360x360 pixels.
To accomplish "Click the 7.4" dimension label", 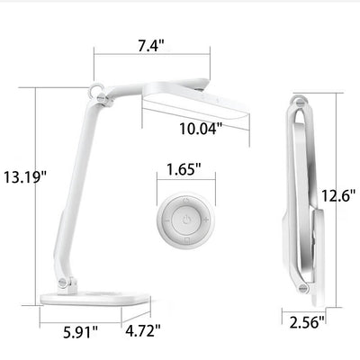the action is pyautogui.click(x=151, y=46).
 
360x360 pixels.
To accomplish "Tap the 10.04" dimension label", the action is pyautogui.click(x=201, y=129).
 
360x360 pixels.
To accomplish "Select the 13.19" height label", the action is pyautogui.click(x=26, y=176).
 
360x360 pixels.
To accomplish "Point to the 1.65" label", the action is pyautogui.click(x=184, y=169).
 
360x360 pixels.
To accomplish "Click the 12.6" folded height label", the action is pyautogui.click(x=338, y=196).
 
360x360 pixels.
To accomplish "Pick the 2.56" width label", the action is pyautogui.click(x=307, y=322).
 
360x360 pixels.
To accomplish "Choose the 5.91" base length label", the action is pyautogui.click(x=81, y=332).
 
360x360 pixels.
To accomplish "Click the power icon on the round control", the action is pyautogui.click(x=186, y=220).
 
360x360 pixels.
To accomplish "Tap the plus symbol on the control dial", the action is pyautogui.click(x=206, y=220).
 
